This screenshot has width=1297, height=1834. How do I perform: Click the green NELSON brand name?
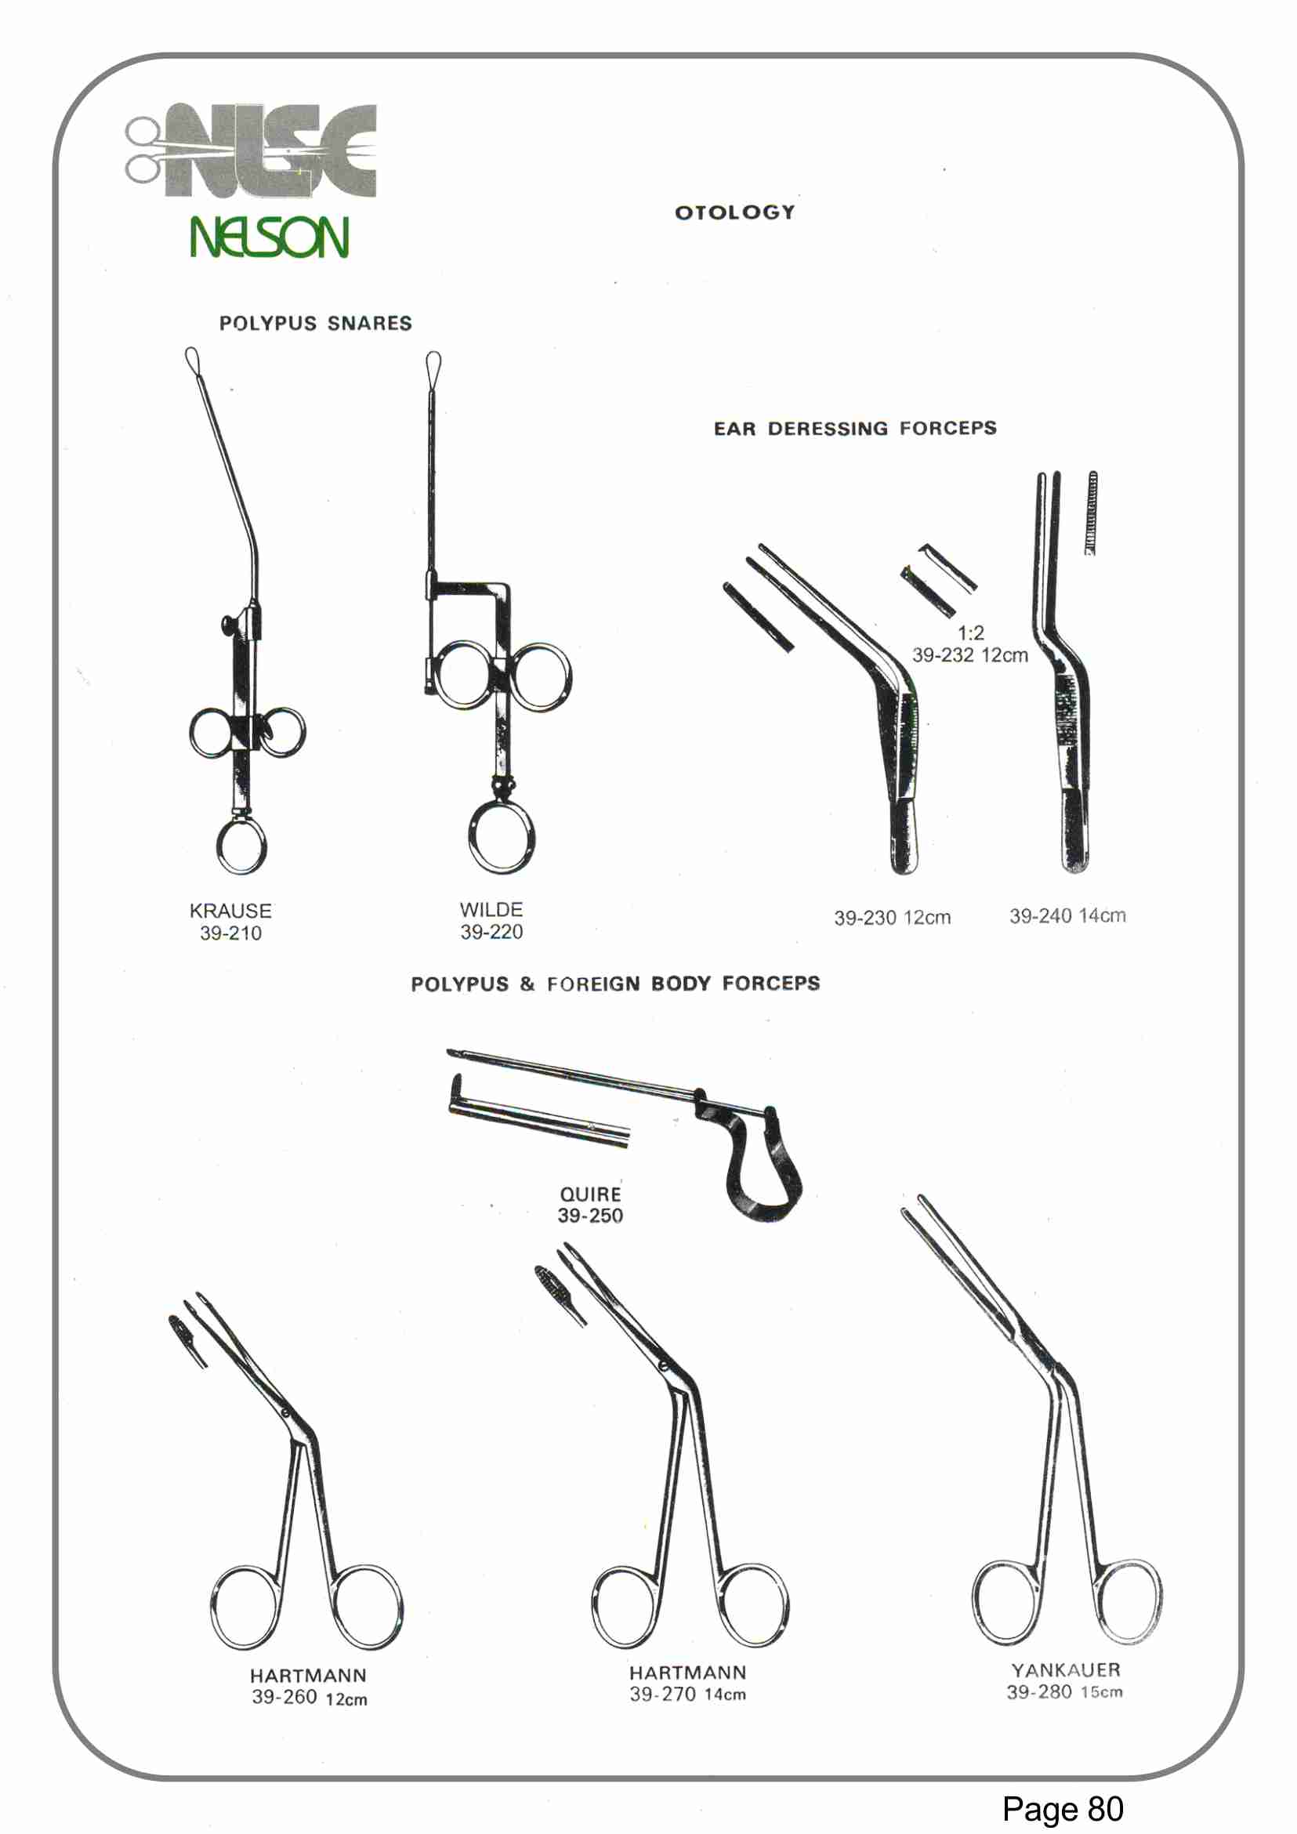pos(269,237)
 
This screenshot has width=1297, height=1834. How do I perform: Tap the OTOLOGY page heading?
pos(735,212)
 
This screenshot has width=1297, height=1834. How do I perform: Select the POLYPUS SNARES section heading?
pos(316,324)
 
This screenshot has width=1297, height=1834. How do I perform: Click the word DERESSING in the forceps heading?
pos(828,429)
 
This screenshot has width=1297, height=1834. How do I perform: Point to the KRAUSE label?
pos(230,911)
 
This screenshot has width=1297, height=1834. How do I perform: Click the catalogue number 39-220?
pos(491,931)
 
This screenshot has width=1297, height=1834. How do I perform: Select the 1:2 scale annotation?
pos(970,633)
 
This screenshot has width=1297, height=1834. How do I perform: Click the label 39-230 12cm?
pos(892,918)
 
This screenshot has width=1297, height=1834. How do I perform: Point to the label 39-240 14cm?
pos(1067,916)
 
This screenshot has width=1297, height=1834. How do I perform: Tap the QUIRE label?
pos(590,1194)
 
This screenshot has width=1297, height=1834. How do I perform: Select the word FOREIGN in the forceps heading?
pos(593,984)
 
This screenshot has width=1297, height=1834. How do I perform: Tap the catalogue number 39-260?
pos(284,1697)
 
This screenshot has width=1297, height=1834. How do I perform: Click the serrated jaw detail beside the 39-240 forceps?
pos(1091,512)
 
